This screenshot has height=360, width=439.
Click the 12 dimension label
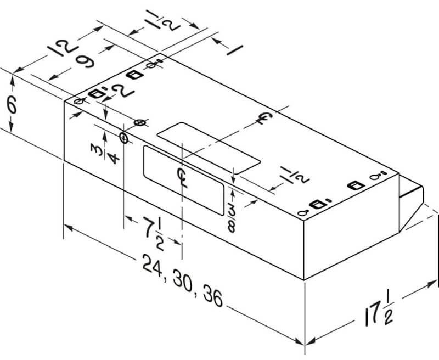pos(63,48)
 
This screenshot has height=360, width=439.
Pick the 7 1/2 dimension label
pos(154,233)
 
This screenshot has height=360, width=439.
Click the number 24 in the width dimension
pos(153,266)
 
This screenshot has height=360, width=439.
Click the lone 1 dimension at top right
pos(235,50)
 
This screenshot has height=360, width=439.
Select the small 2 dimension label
pos(122,90)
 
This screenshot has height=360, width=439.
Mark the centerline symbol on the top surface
pos(264,118)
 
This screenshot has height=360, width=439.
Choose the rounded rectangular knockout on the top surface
pos(209,148)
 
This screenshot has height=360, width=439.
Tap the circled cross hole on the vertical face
pos(123,137)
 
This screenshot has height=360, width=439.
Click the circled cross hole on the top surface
pos(140,122)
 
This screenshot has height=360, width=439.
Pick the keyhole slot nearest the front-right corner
pos(303,213)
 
